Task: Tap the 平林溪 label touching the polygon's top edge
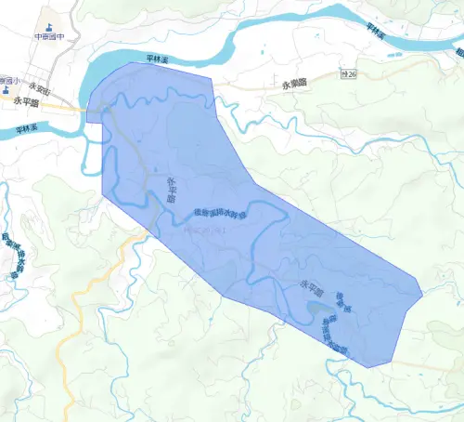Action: pyautogui.click(x=159, y=60)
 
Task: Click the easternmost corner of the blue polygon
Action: pyautogui.click(x=423, y=297)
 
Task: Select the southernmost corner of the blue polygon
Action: pyautogui.click(x=369, y=367)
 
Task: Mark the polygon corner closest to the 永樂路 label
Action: pyautogui.click(x=213, y=78)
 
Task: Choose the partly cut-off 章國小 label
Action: pyautogui.click(x=9, y=80)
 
